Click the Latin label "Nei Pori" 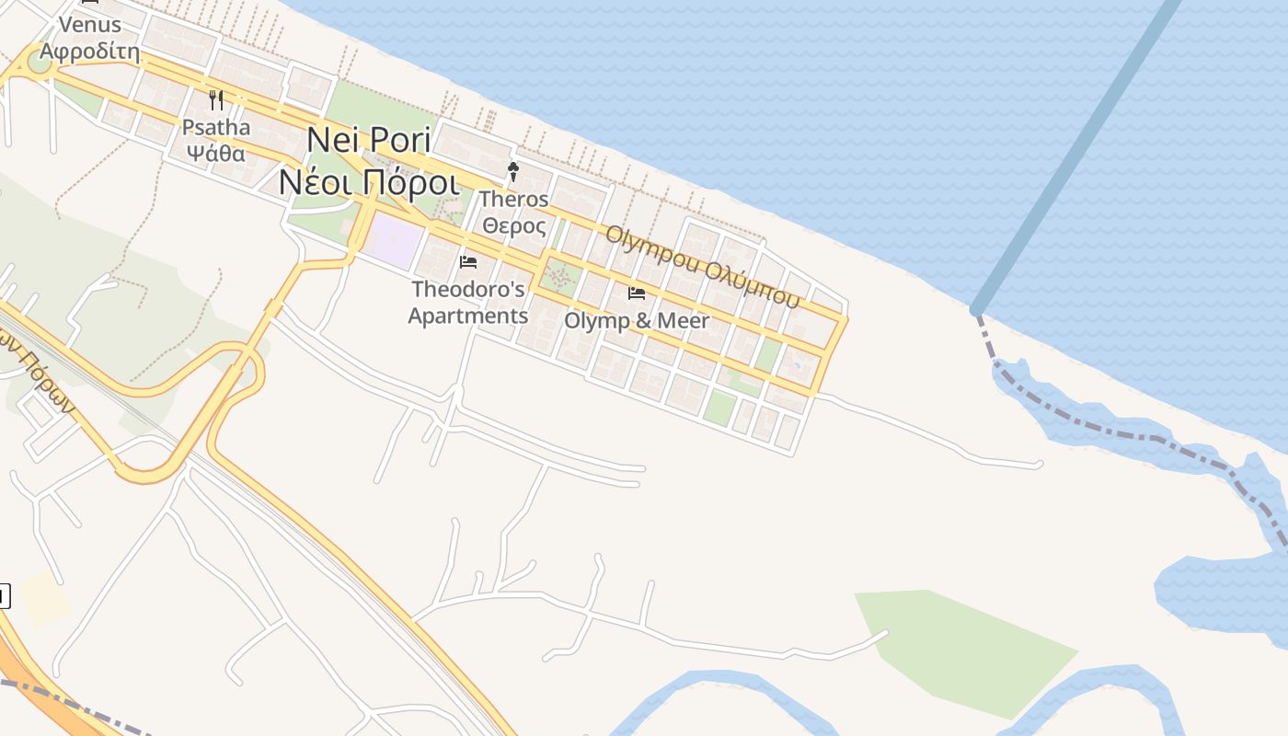[369, 140]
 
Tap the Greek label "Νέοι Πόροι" [369, 182]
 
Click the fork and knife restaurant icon [216, 99]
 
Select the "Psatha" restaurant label [216, 127]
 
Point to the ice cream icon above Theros [513, 171]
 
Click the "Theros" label [514, 199]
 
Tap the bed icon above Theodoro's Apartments [468, 262]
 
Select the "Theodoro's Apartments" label [468, 303]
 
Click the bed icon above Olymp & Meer [637, 293]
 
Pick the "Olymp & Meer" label [637, 321]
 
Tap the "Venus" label [90, 24]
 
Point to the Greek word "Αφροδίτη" [90, 51]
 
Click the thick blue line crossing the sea [1076, 156]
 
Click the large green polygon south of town [966, 649]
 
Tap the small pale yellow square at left [43, 597]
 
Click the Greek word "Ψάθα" [214, 153]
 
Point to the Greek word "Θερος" [514, 225]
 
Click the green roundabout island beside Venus [40, 63]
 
